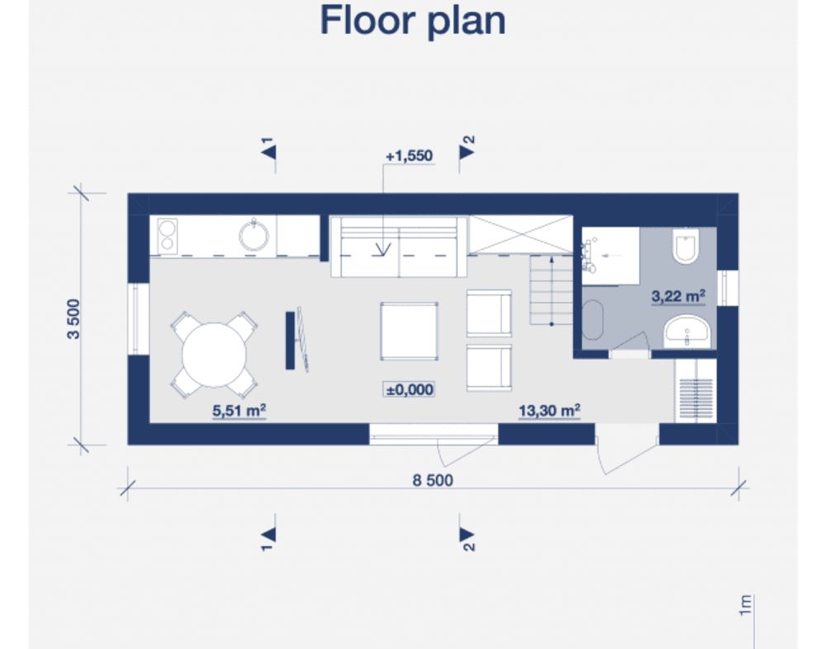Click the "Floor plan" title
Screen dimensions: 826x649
(412, 21)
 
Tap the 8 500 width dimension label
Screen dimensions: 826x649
(433, 480)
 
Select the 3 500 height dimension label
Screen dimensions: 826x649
(74, 318)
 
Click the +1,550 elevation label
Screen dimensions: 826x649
(410, 155)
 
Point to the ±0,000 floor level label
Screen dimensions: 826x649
(410, 389)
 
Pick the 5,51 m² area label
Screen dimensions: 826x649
(240, 410)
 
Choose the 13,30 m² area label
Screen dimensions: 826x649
(549, 410)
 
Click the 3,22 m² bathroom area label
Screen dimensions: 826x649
(678, 296)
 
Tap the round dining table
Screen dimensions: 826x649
(214, 355)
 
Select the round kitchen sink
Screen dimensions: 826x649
(254, 235)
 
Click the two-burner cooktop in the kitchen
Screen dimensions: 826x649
(167, 236)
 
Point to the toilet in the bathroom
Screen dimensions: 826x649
(686, 246)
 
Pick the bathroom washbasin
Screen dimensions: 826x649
(687, 332)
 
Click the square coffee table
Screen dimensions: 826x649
(410, 331)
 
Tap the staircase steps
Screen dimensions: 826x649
(552, 290)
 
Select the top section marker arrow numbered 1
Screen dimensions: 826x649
(268, 152)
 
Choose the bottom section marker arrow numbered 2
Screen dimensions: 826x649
(466, 534)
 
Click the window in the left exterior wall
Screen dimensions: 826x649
(139, 319)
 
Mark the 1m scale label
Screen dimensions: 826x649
(744, 605)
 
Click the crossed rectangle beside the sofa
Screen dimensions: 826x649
(520, 235)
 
